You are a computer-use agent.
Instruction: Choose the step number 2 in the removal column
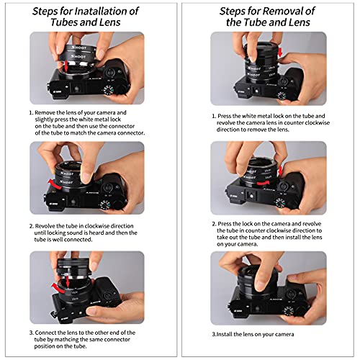coord(213,224)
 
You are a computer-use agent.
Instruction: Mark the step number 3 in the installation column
coord(31,332)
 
